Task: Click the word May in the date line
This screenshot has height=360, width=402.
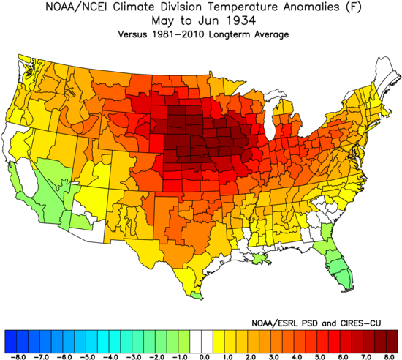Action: [167, 21]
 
